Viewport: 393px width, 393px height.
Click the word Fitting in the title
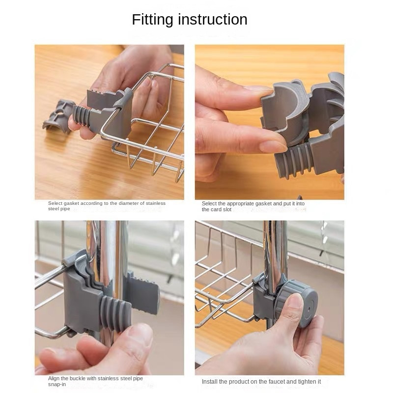(x=152, y=20)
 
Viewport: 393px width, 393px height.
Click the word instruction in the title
(x=213, y=20)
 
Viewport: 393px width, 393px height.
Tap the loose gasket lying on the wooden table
(x=58, y=116)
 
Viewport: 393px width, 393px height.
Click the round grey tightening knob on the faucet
(x=298, y=304)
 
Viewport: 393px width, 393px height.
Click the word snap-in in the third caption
(x=57, y=384)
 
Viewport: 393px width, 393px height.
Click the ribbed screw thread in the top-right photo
(x=293, y=161)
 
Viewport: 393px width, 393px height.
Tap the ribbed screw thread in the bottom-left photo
(x=116, y=313)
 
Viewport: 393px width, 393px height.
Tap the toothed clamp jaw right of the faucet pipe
(x=143, y=293)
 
